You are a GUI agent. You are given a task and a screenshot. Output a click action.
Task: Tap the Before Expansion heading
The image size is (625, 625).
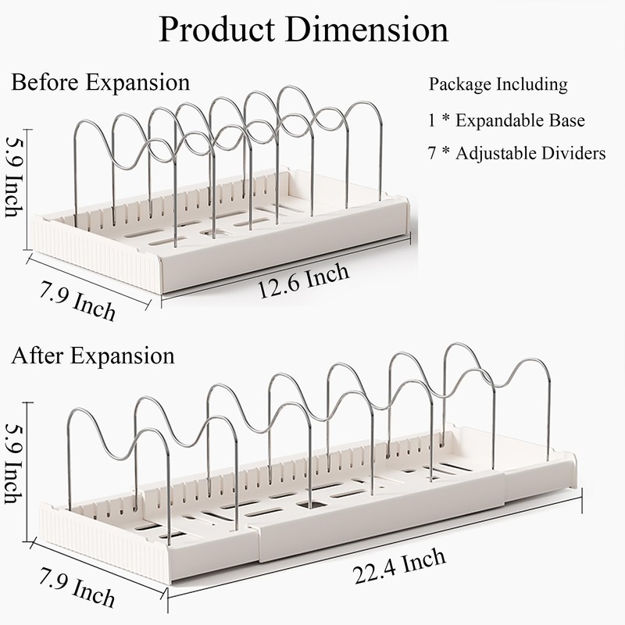pyautogui.click(x=100, y=82)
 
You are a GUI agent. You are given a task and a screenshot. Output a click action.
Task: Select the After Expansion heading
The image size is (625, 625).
pyautogui.click(x=93, y=356)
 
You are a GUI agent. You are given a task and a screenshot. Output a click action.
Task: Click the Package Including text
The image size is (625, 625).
pyautogui.click(x=498, y=84)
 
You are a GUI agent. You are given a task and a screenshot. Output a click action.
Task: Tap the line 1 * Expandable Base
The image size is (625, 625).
pyautogui.click(x=507, y=121)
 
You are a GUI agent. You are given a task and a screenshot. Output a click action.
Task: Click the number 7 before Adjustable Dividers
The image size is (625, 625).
pyautogui.click(x=433, y=153)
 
